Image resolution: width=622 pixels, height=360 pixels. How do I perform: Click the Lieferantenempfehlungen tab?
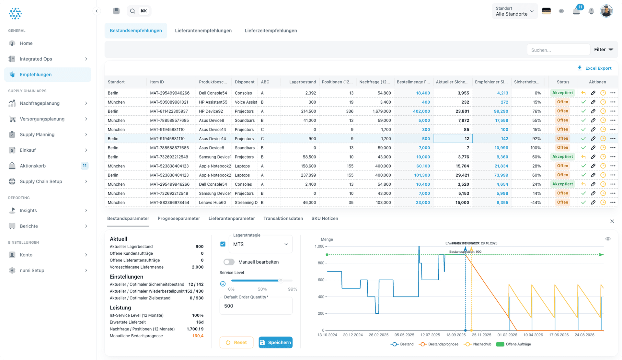[203, 30]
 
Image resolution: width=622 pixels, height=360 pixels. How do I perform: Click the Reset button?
[236, 343]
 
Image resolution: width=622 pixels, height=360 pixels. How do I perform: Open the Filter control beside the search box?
[604, 50]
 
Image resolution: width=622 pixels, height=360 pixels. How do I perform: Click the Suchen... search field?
[558, 50]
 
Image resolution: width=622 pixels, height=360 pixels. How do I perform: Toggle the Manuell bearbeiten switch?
[229, 262]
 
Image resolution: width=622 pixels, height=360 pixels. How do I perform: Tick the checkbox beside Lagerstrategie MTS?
[223, 244]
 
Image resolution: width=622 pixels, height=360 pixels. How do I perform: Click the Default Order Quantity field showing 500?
[256, 306]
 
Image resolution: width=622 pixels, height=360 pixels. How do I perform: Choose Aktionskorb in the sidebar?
[33, 166]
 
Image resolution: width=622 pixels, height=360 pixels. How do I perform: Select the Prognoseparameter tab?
[179, 218]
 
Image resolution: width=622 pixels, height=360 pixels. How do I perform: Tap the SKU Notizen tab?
[325, 218]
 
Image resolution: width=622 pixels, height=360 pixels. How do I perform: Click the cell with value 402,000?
[421, 111]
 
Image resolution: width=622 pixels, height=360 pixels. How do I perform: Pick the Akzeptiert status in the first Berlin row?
[562, 93]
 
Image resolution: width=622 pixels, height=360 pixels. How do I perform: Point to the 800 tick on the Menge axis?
[321, 263]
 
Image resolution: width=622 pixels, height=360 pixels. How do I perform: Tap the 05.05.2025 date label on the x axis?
[404, 335]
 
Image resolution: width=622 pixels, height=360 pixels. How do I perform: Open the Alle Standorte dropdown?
[514, 11]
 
